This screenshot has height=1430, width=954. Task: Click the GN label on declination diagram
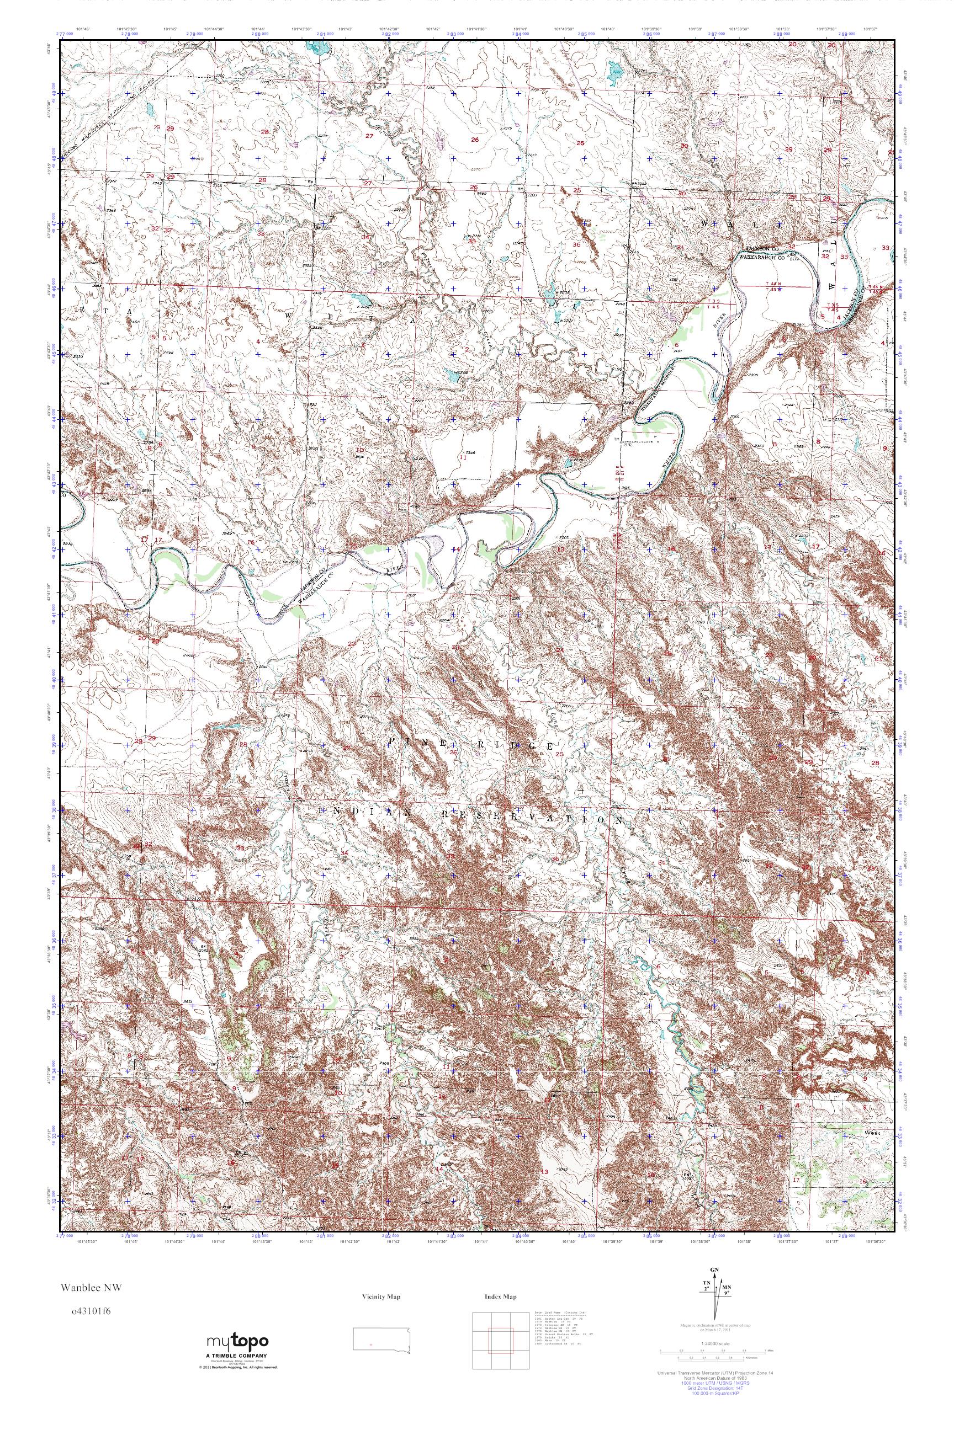pos(714,1287)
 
